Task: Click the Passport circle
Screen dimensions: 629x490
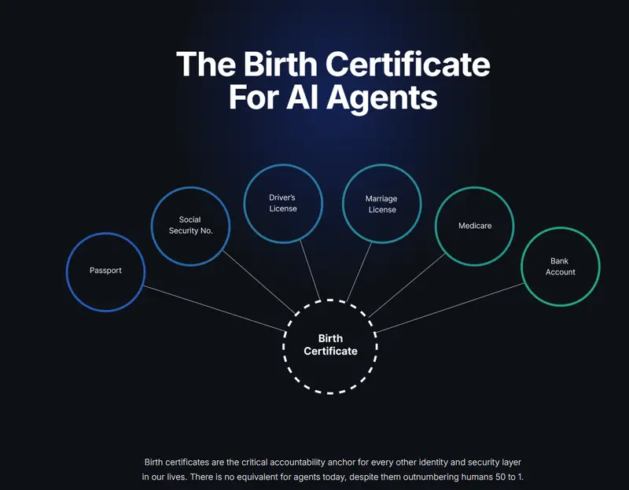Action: click(67, 272)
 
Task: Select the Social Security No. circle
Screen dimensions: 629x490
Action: click(151, 227)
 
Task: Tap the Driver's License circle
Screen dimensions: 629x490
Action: click(244, 204)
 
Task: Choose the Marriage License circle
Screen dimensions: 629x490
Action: click(342, 204)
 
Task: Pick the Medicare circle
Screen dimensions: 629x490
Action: click(436, 227)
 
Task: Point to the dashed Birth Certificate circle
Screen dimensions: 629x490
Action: click(283, 346)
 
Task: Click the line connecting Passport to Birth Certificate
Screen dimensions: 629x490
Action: click(214, 308)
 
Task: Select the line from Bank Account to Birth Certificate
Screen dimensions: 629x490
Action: click(450, 308)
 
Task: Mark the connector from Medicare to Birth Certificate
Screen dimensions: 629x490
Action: click(406, 286)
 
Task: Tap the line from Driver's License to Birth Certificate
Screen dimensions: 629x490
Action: click(310, 271)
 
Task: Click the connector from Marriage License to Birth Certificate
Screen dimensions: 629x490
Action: click(359, 271)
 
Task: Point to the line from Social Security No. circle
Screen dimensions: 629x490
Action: click(259, 282)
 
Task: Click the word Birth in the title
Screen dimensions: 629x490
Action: click(281, 64)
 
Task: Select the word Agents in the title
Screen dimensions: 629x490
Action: click(381, 98)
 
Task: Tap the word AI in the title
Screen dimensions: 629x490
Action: click(300, 97)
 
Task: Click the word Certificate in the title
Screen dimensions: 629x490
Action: click(407, 64)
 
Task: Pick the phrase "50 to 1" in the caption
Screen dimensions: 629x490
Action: click(507, 477)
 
